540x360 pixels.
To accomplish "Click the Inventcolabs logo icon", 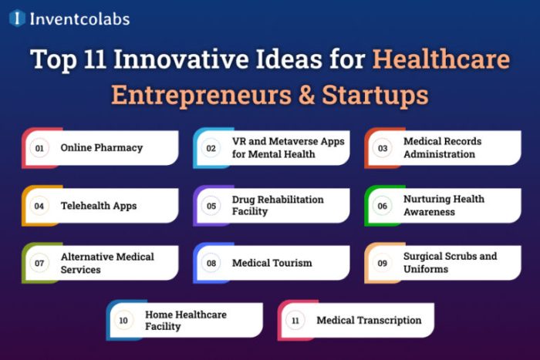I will coord(17,19).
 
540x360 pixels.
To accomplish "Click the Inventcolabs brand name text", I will coord(79,19).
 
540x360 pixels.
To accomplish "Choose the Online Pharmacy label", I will coord(102,148).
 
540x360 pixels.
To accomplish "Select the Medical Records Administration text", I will coord(443,148).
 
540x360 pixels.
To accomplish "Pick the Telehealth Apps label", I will coord(99,206).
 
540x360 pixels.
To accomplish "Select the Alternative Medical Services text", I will coord(107,263).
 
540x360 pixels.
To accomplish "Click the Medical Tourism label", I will coord(272,263).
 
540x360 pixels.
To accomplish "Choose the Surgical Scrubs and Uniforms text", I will coord(450,263).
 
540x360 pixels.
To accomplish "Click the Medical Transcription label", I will coord(369,320).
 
